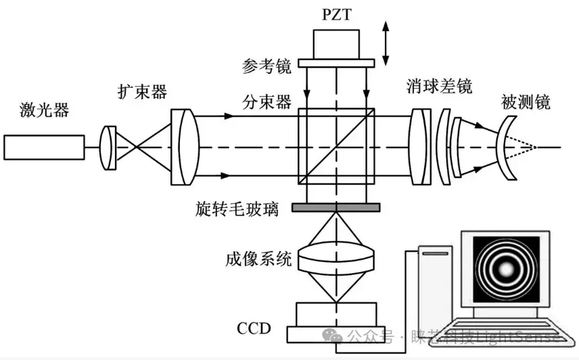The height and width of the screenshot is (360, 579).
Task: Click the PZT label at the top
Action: [x=337, y=14]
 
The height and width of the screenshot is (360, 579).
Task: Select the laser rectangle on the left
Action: [x=44, y=147]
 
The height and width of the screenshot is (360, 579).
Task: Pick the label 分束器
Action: [x=267, y=102]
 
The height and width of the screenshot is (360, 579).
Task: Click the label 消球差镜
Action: [x=439, y=86]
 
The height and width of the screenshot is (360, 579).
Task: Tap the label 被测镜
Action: [x=526, y=102]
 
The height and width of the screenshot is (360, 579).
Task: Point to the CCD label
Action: [x=254, y=329]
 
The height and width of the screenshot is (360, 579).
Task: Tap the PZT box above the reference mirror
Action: [x=337, y=44]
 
